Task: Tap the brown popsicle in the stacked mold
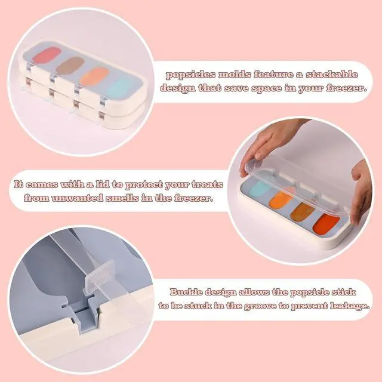pos(70,66)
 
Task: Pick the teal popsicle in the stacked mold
pos(121,88)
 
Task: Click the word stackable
pos(332,74)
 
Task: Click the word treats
pos(207,184)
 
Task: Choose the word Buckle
pos(186,292)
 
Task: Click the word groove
pos(261,306)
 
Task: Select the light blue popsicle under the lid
pos(260,189)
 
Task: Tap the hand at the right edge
pos(362,191)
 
